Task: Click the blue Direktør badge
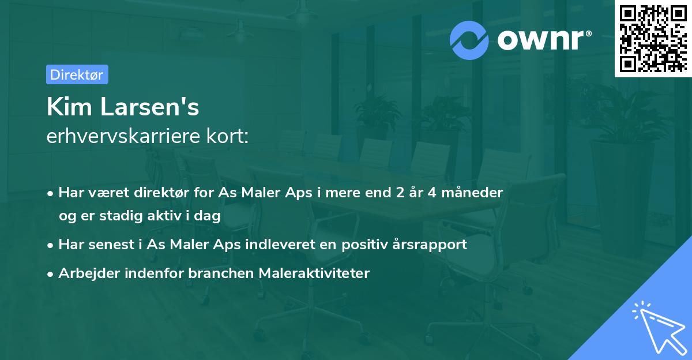[77, 74]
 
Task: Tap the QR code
[653, 39]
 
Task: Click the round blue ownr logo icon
[469, 40]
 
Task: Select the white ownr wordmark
[544, 40]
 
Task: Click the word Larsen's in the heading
[149, 107]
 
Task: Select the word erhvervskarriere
[123, 136]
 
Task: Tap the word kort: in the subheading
[227, 136]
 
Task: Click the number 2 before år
[400, 193]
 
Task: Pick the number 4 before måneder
[432, 193]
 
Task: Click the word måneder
[472, 192]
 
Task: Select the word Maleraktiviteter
[314, 273]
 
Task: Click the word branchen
[221, 273]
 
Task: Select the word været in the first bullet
[109, 193]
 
